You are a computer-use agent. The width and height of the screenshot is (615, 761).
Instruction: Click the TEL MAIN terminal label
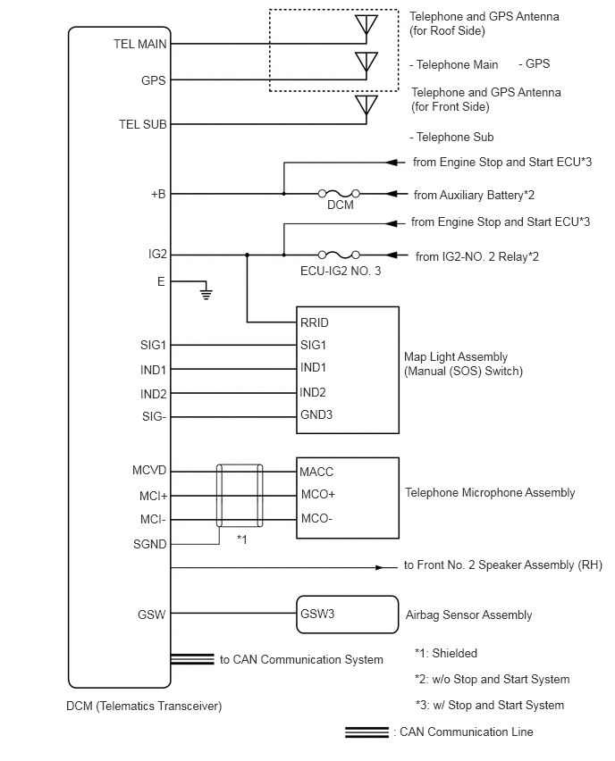140,44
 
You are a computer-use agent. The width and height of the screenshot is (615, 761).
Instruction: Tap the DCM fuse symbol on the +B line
339,194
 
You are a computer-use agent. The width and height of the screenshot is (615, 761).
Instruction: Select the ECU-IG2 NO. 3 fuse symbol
339,255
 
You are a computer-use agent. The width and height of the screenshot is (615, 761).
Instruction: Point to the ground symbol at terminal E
206,293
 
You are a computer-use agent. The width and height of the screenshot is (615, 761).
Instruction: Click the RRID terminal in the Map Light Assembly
315,322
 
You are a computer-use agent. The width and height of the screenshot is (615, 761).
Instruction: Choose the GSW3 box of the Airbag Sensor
348,615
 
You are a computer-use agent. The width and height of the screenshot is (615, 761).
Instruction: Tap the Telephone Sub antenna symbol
366,105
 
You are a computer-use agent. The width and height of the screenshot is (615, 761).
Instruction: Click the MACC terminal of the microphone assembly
316,472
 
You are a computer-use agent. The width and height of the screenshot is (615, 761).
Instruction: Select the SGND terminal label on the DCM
149,545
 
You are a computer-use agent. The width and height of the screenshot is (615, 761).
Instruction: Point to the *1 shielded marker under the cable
242,539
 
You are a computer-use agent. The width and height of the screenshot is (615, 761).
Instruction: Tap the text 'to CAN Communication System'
301,659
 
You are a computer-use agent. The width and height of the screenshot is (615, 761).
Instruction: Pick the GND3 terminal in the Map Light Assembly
316,415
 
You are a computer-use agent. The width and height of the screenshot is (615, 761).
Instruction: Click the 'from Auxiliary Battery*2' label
474,195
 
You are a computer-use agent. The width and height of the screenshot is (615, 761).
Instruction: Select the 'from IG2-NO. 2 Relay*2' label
476,256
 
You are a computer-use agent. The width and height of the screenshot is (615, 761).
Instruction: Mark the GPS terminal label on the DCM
154,80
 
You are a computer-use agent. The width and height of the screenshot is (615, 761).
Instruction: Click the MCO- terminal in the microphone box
316,518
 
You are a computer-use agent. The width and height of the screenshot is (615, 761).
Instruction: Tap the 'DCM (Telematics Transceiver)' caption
144,707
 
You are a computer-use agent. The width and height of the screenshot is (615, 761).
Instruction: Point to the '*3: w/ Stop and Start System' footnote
490,706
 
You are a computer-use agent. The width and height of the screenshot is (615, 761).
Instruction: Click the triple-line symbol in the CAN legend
366,732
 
